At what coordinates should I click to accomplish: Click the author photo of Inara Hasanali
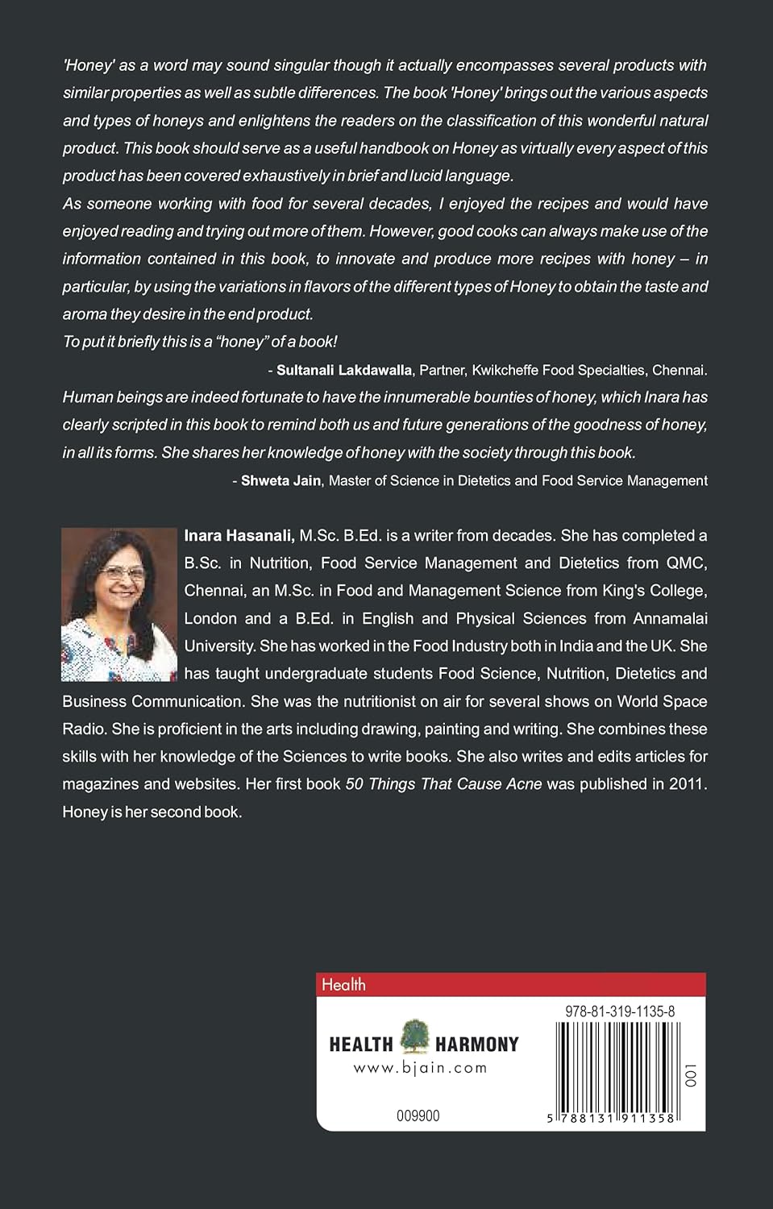click(x=119, y=604)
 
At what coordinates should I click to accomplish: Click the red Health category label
click(x=343, y=984)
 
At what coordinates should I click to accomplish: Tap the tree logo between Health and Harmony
click(x=415, y=1037)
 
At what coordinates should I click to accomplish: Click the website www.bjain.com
click(x=420, y=1068)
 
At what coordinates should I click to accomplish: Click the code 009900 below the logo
click(x=418, y=1116)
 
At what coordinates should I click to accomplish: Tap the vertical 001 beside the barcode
click(x=690, y=1074)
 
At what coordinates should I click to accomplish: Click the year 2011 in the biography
click(x=687, y=783)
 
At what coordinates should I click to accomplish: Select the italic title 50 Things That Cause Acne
click(x=443, y=783)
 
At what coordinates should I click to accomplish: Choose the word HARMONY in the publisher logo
click(x=477, y=1045)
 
